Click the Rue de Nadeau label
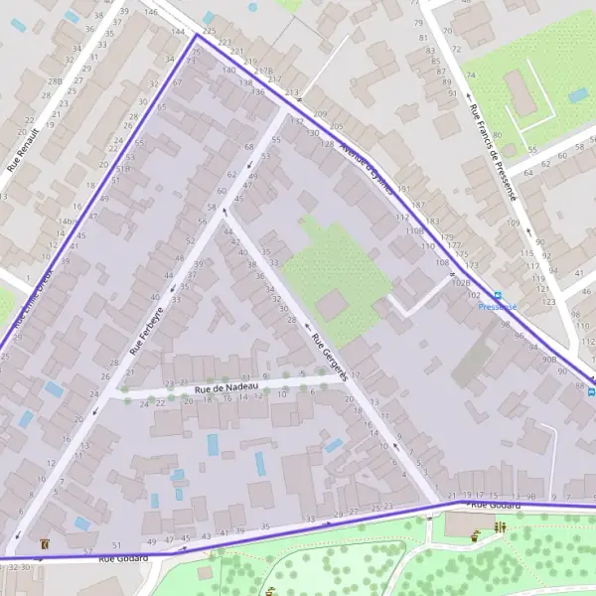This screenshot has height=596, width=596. coord(226,387)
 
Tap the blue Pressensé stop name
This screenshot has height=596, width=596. coord(497,307)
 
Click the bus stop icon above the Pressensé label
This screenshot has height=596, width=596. coord(499,296)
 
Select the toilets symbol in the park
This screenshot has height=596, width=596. coord(499,527)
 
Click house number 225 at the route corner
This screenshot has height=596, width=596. coord(208,33)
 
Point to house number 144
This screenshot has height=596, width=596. coord(178,33)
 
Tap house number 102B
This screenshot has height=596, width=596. coord(461,282)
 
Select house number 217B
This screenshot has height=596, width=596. coord(263,71)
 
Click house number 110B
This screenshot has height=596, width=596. coord(414,230)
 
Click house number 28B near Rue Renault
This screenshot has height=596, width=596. coord(55,81)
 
